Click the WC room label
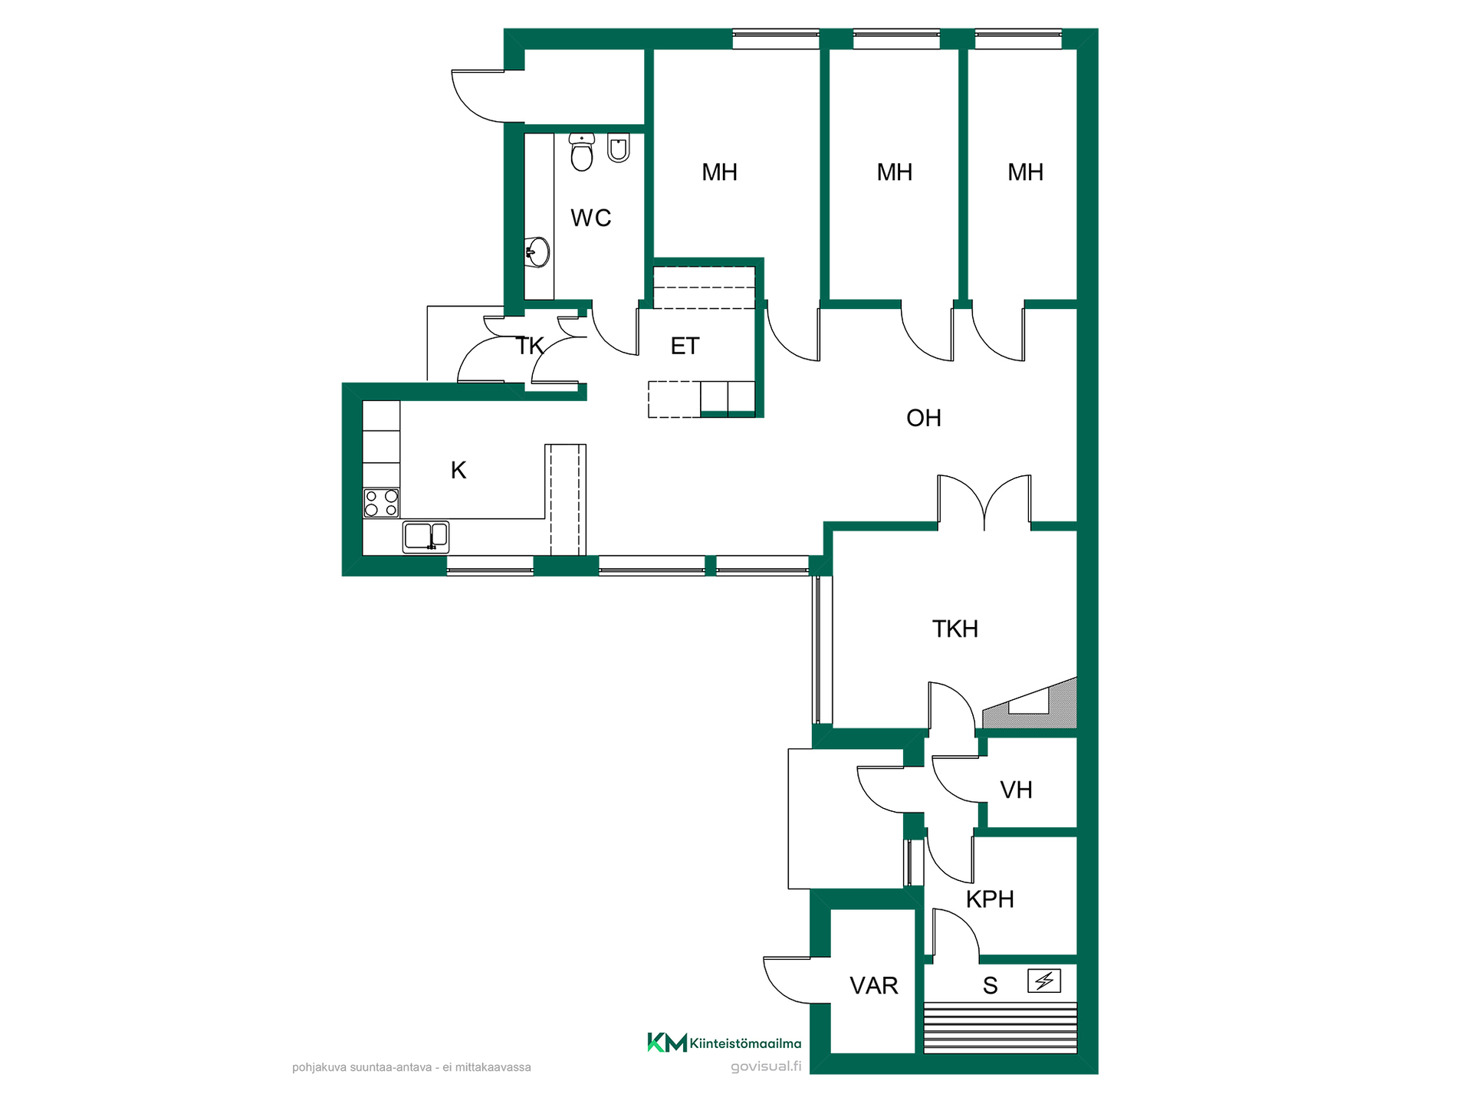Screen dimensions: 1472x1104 point(590,218)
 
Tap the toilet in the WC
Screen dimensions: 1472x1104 point(582,152)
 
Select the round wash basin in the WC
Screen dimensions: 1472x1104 point(537,252)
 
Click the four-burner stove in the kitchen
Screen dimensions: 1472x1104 point(381,503)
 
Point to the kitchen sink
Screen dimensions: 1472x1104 point(426,536)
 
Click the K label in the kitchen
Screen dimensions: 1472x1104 point(458,470)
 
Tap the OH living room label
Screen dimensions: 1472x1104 point(923,418)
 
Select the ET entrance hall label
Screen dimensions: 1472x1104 point(685,346)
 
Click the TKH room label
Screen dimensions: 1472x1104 point(955,629)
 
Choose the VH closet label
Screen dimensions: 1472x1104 point(1016,790)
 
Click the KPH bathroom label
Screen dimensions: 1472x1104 point(990,899)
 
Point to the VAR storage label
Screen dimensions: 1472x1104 point(874,985)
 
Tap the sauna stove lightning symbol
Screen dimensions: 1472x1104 point(1044,981)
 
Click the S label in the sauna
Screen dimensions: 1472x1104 point(991,986)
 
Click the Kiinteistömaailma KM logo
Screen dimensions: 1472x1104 point(724,1043)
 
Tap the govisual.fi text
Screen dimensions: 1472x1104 point(766,1066)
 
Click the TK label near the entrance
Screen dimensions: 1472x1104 point(529,346)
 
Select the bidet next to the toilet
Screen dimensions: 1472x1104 point(619,148)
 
